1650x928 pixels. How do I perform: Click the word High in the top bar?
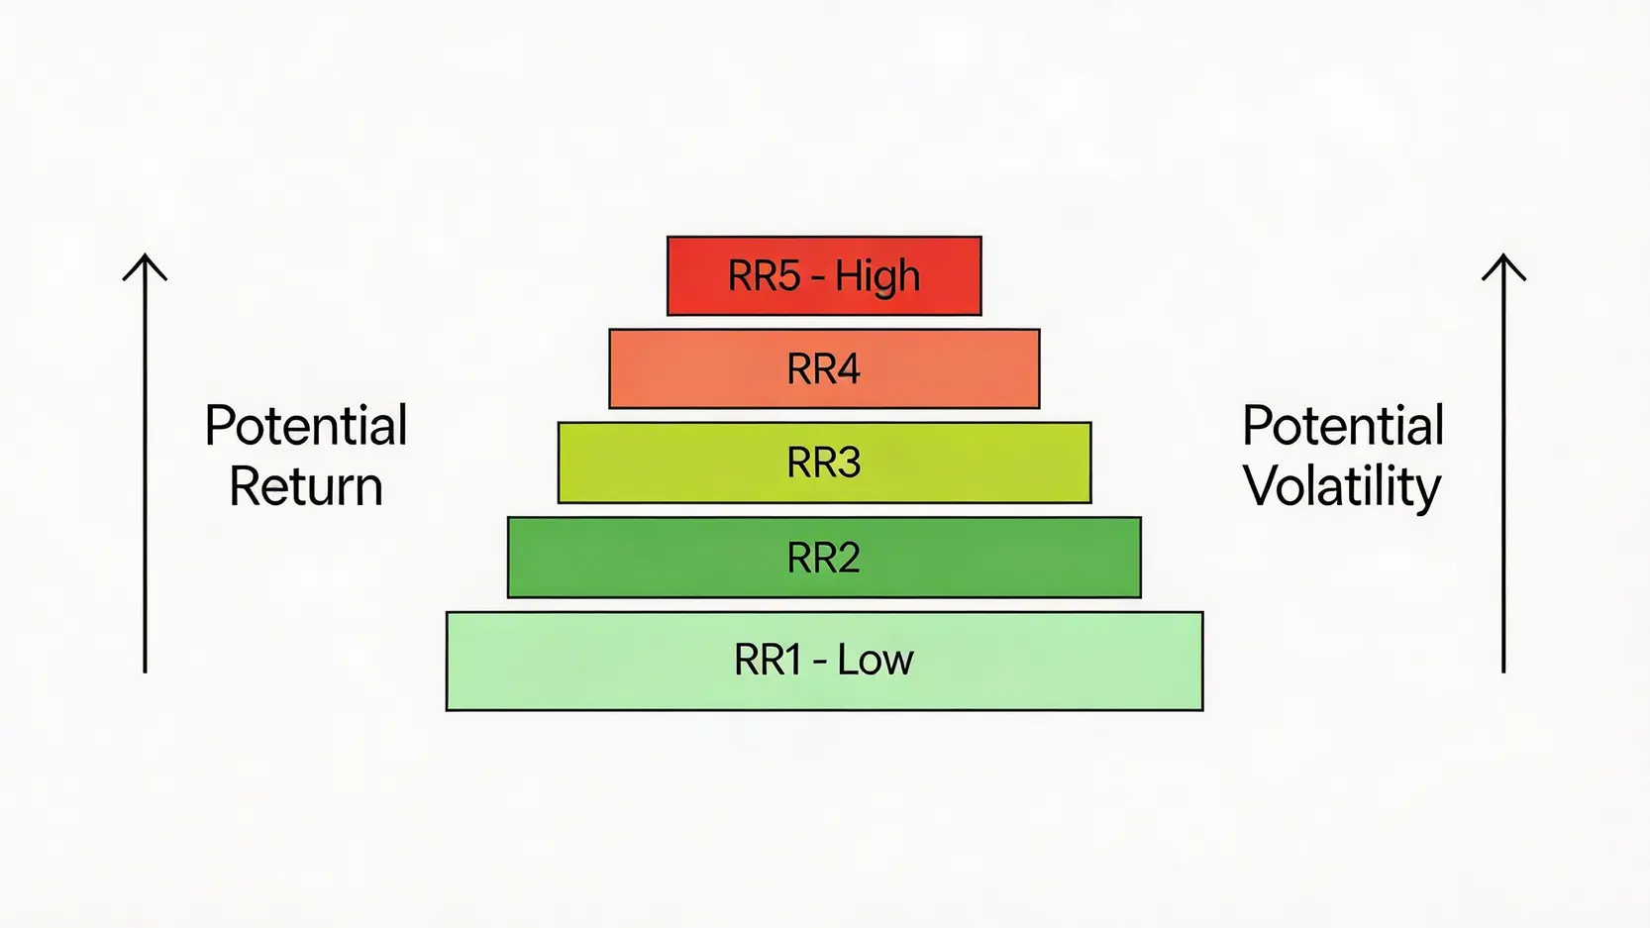(x=877, y=276)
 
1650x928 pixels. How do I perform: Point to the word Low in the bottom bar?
(x=876, y=660)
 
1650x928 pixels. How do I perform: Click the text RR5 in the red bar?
(x=764, y=276)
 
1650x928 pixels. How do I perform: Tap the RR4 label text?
(x=823, y=369)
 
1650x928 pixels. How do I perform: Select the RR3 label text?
(x=823, y=463)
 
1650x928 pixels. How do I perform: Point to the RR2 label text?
(x=823, y=558)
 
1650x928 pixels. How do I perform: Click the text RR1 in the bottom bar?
(x=767, y=660)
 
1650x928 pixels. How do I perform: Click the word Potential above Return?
(x=306, y=426)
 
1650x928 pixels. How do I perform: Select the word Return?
(x=306, y=486)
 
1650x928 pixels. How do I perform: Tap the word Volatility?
(x=1342, y=487)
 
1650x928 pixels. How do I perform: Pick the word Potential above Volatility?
(x=1343, y=426)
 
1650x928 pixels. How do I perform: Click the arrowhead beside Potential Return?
(x=145, y=261)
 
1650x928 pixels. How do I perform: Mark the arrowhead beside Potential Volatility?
(x=1503, y=261)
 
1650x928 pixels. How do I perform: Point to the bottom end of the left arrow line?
(x=145, y=670)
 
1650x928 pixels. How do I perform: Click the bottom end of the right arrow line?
(x=1503, y=670)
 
